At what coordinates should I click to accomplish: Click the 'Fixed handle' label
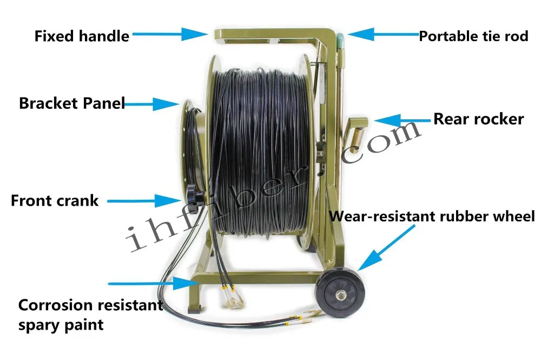tap(82, 36)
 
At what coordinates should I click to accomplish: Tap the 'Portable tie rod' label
tap(473, 37)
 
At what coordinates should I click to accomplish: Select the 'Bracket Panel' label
tap(72, 103)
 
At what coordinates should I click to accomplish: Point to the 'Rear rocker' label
tap(478, 119)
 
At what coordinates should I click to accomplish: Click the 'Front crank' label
tap(55, 200)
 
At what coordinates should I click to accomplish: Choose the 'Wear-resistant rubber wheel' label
tap(432, 217)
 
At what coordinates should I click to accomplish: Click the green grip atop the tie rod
tap(340, 40)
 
